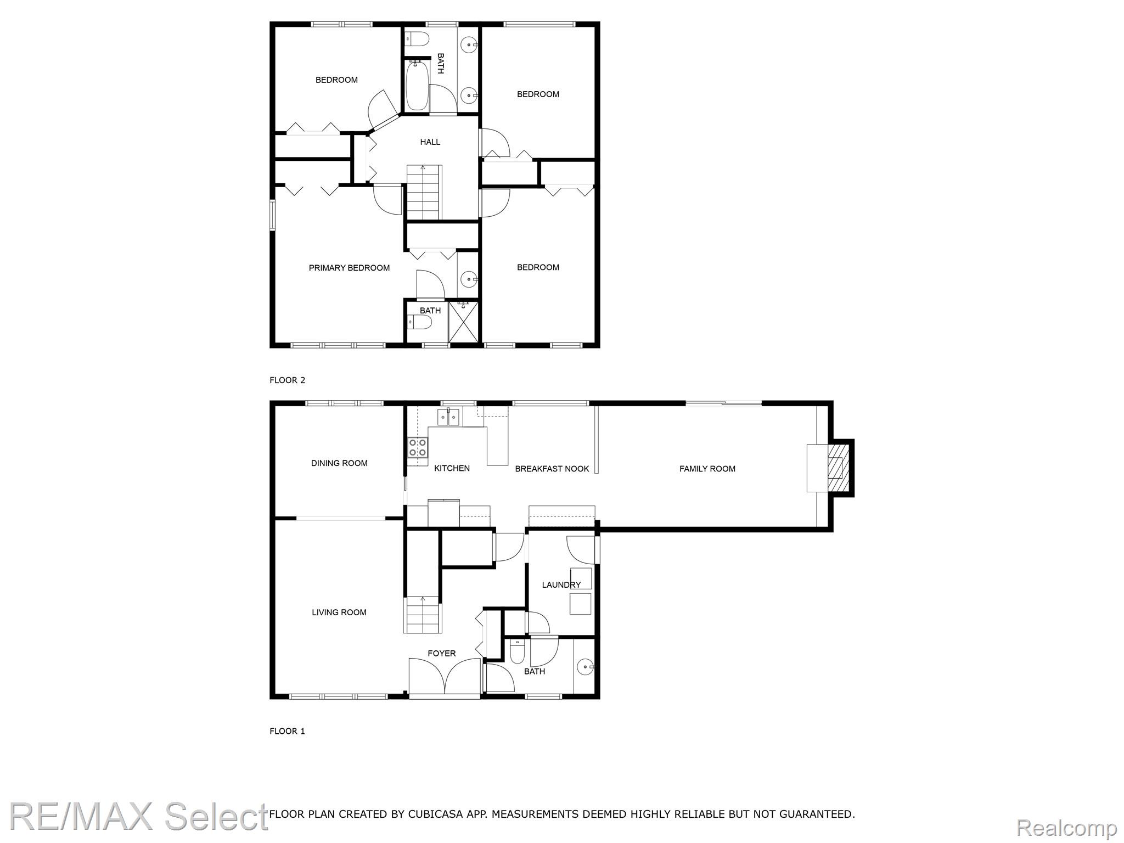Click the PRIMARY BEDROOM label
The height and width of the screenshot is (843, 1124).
[349, 268]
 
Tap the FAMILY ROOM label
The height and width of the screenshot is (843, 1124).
[707, 469]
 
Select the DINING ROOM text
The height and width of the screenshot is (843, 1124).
[339, 463]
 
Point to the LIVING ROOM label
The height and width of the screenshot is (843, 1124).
[339, 612]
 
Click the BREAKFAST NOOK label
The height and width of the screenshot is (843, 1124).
[552, 469]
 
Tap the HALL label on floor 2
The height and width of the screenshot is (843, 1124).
[430, 142]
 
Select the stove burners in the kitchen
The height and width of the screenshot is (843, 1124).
[417, 448]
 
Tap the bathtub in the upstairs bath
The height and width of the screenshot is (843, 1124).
[417, 86]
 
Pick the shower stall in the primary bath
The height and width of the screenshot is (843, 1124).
[464, 322]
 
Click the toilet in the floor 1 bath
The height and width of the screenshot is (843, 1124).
[517, 651]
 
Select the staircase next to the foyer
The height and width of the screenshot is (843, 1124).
[422, 614]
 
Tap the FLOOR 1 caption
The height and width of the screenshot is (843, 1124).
[287, 731]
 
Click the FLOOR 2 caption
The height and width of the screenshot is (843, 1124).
[287, 380]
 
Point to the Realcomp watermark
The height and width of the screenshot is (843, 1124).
[1066, 827]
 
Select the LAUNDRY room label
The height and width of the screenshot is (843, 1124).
[561, 585]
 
